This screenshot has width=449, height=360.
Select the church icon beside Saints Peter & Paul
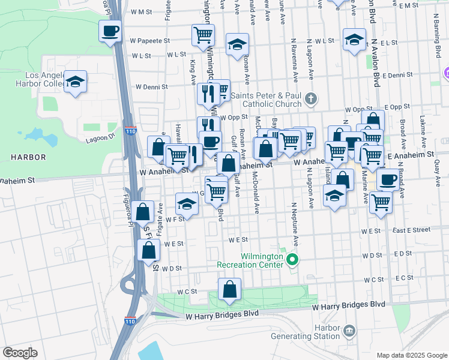(x=310, y=99)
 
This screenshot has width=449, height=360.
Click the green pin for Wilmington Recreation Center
(x=292, y=260)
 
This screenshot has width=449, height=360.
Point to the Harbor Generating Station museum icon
(x=348, y=331)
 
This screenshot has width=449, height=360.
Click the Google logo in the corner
(x=20, y=353)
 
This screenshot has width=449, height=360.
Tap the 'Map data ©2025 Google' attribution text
(x=411, y=355)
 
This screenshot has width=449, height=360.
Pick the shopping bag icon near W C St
(x=229, y=290)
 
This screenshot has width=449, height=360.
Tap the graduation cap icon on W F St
(x=187, y=205)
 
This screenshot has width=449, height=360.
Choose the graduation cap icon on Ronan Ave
(x=237, y=44)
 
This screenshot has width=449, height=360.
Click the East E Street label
(x=412, y=230)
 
